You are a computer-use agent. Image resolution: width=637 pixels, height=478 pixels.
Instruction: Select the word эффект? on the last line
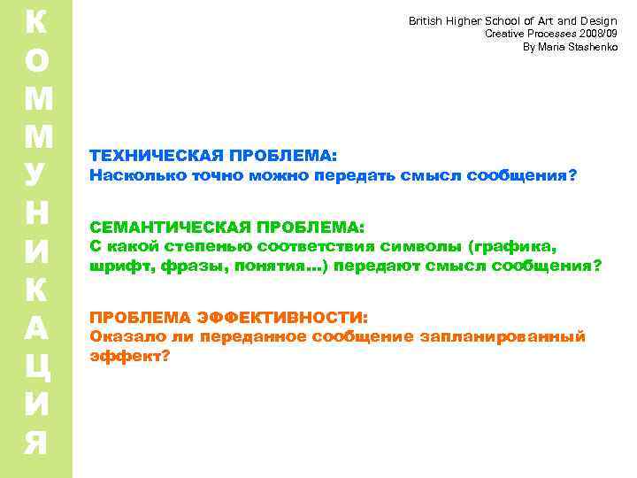click(129, 356)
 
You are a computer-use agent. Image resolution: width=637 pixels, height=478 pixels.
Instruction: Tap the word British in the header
click(428, 20)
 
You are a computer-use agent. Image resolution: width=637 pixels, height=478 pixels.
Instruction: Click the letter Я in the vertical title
click(37, 441)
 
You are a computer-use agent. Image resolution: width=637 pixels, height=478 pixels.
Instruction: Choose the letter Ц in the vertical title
click(37, 365)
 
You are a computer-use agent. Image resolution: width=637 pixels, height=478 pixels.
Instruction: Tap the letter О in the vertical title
click(37, 60)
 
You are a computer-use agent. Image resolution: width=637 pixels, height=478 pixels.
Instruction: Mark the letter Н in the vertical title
click(37, 212)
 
